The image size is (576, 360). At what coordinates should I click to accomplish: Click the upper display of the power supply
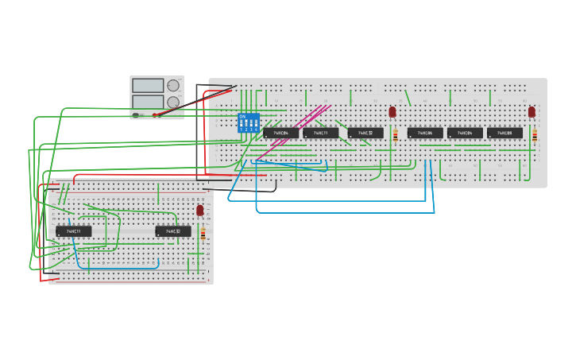point(148,85)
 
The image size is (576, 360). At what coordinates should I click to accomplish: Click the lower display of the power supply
point(148,101)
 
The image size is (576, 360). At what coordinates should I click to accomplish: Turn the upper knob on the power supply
point(173,86)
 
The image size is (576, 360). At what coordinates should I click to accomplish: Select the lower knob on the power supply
point(173,102)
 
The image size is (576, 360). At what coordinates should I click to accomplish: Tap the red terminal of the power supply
point(156,115)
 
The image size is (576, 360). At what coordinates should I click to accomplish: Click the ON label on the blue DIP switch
point(242,117)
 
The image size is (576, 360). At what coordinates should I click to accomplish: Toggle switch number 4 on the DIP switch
point(256,123)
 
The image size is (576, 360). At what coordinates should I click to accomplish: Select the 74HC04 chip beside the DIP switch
point(280,133)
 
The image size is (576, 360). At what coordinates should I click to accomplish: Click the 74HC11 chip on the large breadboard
point(320,133)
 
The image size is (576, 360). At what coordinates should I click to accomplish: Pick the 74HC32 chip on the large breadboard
point(365,133)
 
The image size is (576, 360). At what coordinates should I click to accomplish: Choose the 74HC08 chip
point(504,133)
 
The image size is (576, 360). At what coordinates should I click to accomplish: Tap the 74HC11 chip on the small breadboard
point(73,231)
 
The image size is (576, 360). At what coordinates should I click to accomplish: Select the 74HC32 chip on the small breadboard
point(172,231)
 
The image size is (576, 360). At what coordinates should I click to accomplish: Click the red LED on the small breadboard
point(200,210)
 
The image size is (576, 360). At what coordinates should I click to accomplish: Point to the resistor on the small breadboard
point(203,234)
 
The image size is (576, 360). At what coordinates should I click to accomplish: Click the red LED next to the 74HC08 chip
point(532,112)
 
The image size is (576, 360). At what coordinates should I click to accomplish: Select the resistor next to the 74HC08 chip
point(535,136)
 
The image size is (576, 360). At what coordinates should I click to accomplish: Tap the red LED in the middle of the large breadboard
point(392,112)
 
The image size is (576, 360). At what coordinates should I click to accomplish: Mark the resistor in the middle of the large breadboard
point(396,136)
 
